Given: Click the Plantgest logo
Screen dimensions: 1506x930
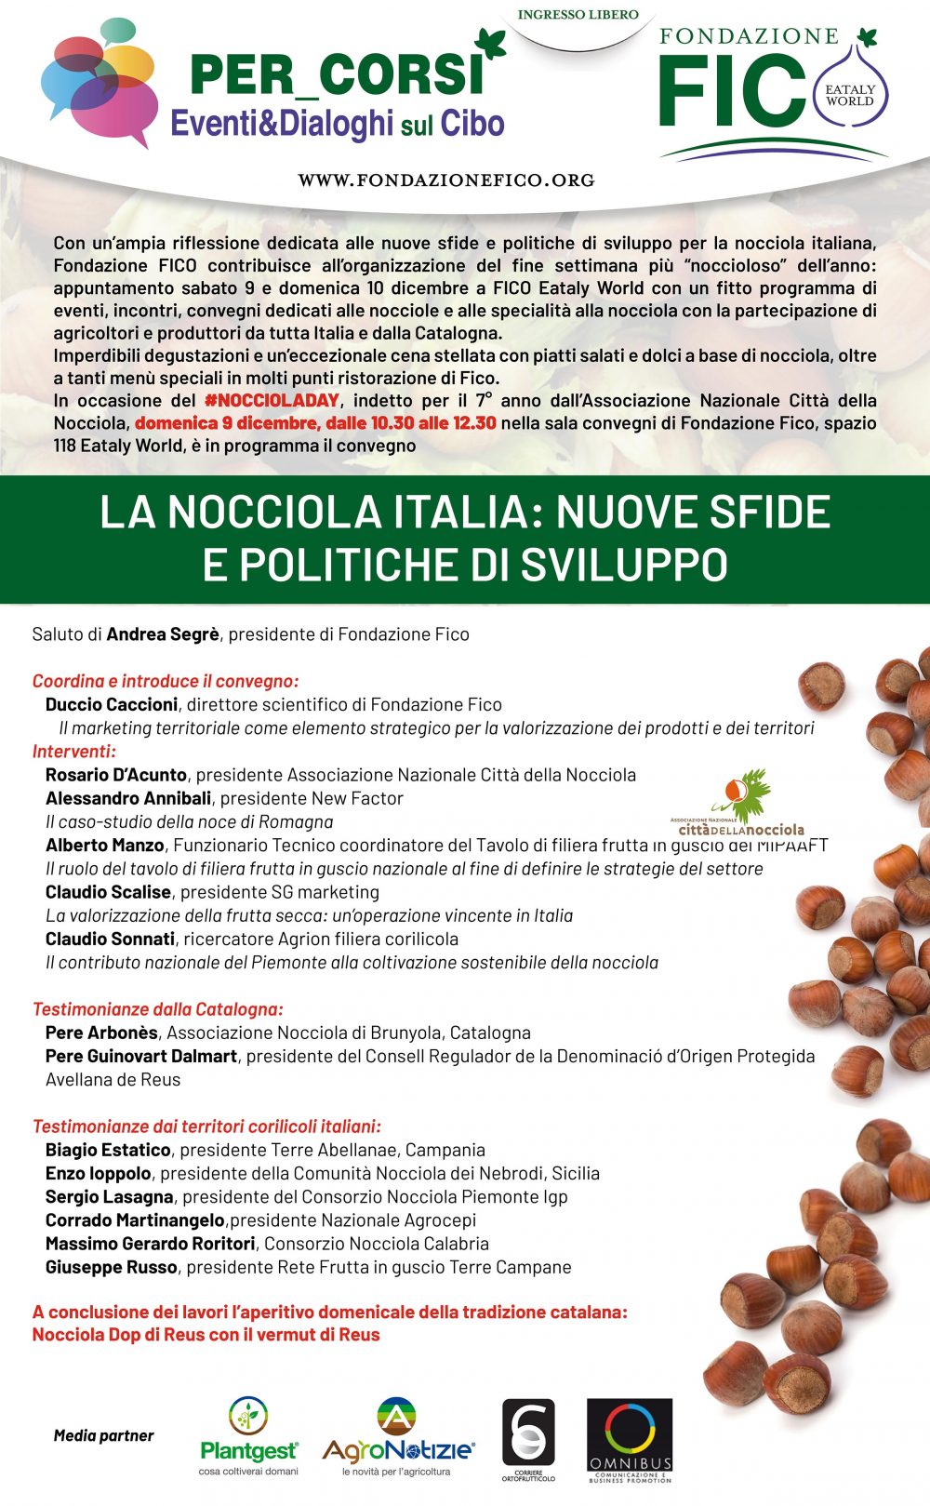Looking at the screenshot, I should click(249, 1435).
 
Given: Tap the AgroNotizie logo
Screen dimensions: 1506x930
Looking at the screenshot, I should click(397, 1436).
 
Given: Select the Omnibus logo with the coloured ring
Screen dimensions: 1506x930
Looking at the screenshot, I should click(630, 1439).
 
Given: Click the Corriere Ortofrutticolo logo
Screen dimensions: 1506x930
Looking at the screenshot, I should click(527, 1437).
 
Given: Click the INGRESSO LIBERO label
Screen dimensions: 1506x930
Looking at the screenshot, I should click(578, 15).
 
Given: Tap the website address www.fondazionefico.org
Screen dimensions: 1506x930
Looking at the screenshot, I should click(446, 180).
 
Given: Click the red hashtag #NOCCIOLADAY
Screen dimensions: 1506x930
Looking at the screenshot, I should click(272, 401).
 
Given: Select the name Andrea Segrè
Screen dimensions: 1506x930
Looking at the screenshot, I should click(163, 634).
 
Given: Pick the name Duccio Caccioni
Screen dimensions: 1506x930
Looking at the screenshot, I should click(111, 705).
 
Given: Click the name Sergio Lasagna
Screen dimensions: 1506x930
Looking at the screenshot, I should click(109, 1197).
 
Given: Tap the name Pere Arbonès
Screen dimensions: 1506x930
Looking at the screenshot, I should click(101, 1033).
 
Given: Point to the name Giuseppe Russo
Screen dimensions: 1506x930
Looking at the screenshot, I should click(111, 1267).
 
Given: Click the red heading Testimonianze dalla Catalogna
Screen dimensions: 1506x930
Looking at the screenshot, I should click(158, 1009).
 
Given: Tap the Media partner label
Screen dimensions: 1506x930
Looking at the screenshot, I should click(103, 1435).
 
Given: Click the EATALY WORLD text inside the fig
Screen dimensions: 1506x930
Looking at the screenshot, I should click(849, 96).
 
